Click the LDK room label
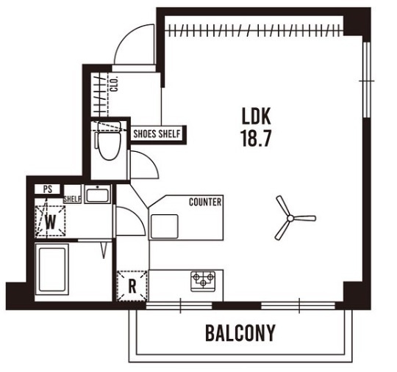tap(257, 116)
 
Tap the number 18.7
tap(257, 138)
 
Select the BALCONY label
tap(240, 333)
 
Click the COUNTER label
tap(205, 203)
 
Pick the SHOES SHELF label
tap(157, 134)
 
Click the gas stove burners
tap(203, 280)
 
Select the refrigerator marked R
tap(132, 286)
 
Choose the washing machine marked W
tap(51, 222)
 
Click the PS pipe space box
tap(48, 189)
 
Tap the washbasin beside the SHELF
tap(98, 194)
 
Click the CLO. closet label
tap(115, 84)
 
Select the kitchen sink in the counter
tap(165, 227)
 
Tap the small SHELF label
tap(72, 199)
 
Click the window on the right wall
tap(366, 79)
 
